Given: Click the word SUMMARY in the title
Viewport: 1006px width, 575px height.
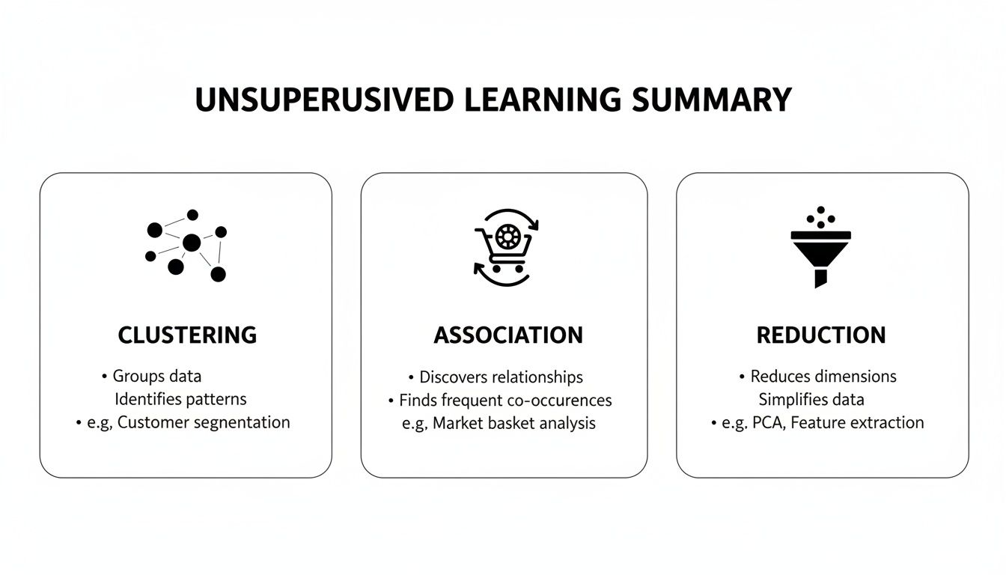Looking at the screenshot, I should pos(712,100).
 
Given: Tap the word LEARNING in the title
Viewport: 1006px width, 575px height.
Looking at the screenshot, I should pos(542,100).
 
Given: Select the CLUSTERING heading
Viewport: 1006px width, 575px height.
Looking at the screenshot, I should pos(187,335).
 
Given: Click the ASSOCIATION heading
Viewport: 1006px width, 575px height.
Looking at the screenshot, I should pos(508,335).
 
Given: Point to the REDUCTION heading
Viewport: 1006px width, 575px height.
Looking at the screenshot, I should pos(821,335).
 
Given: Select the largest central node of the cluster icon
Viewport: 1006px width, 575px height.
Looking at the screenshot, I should pos(192,243).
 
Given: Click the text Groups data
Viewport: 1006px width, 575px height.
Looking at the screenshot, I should pos(156,376).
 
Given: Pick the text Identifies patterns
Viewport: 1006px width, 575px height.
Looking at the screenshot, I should pos(180,399).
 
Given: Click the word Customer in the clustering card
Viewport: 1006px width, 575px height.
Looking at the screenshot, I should pos(153,422).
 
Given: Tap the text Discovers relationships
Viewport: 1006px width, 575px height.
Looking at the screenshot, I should pos(501,377).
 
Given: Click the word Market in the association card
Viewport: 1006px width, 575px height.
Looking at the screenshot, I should pos(457,424).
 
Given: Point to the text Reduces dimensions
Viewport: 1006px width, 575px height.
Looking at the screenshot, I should pos(823,376).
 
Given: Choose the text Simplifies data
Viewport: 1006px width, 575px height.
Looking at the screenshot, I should pos(811,399).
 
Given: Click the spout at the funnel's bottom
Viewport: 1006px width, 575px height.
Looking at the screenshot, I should pos(821,280).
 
